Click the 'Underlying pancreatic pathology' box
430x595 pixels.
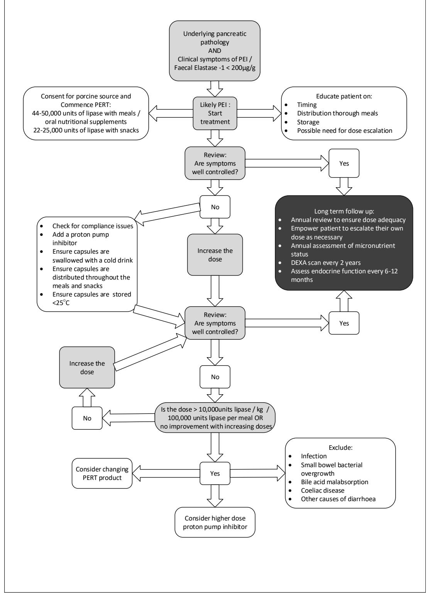pyautogui.click(x=215, y=51)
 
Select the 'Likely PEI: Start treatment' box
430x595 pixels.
pyautogui.click(x=215, y=113)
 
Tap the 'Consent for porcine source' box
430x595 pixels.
pyautogui.click(x=86, y=113)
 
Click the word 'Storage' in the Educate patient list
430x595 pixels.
pyautogui.click(x=308, y=122)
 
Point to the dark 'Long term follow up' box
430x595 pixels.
pyautogui.click(x=344, y=243)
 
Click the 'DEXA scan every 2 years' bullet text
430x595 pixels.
pyautogui.click(x=326, y=263)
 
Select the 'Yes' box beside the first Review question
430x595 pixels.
pyautogui.click(x=344, y=163)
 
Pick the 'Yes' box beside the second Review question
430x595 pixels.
pyautogui.click(x=344, y=323)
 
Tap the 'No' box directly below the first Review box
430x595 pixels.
pyautogui.click(x=215, y=207)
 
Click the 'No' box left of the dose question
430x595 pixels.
pyautogui.click(x=87, y=418)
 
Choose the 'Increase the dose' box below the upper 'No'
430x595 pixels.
pyautogui.click(x=215, y=255)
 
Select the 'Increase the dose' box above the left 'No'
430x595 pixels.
pyautogui.click(x=87, y=367)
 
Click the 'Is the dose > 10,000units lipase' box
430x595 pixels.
pyautogui.click(x=215, y=417)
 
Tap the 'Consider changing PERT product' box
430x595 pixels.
pyautogui.click(x=102, y=473)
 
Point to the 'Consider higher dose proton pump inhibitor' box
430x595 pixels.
pyautogui.click(x=215, y=522)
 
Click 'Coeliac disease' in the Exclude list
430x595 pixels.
pyautogui.click(x=322, y=490)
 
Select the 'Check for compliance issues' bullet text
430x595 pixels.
pyautogui.click(x=93, y=226)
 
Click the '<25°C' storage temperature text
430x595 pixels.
pyautogui.click(x=61, y=303)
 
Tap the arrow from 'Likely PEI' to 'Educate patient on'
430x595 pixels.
pyautogui.click(x=259, y=113)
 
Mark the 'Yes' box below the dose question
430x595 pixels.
pyautogui.click(x=215, y=473)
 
